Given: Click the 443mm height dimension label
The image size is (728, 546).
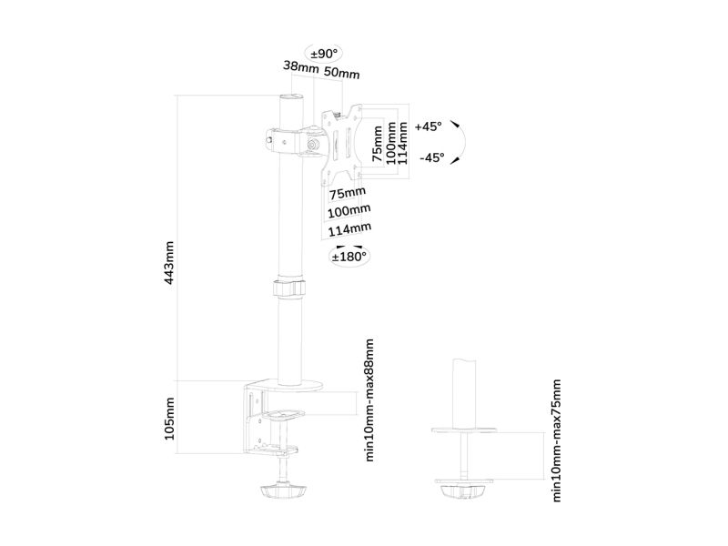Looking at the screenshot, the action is [169, 263].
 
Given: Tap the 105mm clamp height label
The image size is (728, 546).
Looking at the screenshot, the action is [169, 419].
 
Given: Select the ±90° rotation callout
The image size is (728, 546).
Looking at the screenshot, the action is [324, 54].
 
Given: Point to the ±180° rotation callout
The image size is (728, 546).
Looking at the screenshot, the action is [349, 257].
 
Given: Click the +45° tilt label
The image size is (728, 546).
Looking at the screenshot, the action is [429, 126].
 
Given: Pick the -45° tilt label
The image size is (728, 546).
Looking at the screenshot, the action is [431, 157].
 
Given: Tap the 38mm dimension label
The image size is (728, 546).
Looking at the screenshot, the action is [301, 66].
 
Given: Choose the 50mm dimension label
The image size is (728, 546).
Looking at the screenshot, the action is [342, 72].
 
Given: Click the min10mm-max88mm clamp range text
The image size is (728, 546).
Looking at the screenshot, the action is [369, 399].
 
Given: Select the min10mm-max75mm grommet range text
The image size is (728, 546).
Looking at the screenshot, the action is [557, 440].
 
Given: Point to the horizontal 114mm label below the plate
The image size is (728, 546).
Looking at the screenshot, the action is [349, 229].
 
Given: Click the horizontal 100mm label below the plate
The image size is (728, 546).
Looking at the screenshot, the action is [349, 211].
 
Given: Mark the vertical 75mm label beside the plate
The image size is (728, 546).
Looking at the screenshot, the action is [378, 144].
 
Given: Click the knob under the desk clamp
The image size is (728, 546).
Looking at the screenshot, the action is [283, 490].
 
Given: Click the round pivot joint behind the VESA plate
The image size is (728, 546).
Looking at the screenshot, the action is [313, 145].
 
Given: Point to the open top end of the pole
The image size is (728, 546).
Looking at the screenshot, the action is [291, 97].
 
